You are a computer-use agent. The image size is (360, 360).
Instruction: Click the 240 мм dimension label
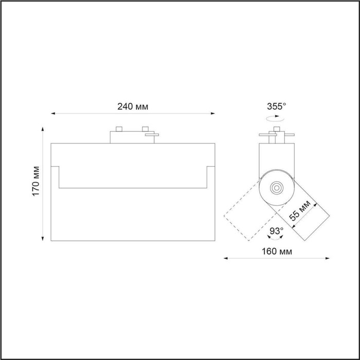tap(133, 107)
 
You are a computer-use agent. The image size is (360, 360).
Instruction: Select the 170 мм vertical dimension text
tap(36, 181)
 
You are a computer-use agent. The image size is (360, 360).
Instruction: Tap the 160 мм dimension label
tap(277, 251)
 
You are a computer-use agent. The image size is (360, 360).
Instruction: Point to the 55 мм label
tap(300, 210)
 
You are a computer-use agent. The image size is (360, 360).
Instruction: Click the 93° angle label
tap(277, 231)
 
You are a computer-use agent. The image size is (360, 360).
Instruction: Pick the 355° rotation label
tap(277, 106)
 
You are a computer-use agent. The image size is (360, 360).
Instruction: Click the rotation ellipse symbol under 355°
tap(275, 118)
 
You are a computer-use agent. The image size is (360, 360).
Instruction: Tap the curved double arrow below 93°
tap(275, 238)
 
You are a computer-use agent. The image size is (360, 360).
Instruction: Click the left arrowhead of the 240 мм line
tap(53, 114)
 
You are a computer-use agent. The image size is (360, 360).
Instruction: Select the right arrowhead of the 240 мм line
tap(213, 114)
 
